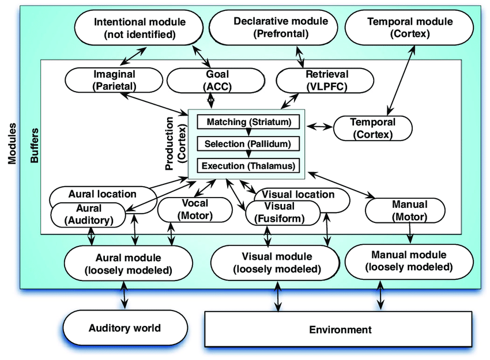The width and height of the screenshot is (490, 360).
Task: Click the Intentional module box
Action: coord(139,28)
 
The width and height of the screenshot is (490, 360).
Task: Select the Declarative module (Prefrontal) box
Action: coord(273,28)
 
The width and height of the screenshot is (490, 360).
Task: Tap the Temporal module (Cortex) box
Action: coord(409,28)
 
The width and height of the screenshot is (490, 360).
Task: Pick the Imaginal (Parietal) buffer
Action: coord(114,80)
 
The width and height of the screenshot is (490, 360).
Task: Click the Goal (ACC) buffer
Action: coord(216,80)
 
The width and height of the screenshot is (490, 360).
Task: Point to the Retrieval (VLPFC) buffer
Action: coord(325,80)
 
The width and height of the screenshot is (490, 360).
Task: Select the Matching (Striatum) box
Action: coord(248,122)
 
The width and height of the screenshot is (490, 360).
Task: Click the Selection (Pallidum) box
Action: coord(248,143)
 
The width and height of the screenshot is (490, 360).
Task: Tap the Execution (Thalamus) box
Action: coord(248,165)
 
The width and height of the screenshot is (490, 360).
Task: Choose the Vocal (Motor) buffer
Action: coord(195,210)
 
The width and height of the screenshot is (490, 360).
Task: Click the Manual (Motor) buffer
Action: coord(405,210)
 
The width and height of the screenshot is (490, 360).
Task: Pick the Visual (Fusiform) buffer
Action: coord(283,213)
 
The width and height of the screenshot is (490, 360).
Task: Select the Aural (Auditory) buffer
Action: coord(88,214)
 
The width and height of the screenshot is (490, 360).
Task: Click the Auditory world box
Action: coord(125,328)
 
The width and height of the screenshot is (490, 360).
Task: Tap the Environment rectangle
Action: coord(338,329)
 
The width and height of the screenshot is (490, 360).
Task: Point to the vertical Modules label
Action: coord(12,143)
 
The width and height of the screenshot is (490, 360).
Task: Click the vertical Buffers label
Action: coord(35,146)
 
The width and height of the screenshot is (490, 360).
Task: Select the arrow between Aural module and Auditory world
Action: coord(125,295)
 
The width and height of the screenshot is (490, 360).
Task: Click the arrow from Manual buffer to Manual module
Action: coord(410,233)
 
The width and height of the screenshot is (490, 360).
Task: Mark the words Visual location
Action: coord(298,194)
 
